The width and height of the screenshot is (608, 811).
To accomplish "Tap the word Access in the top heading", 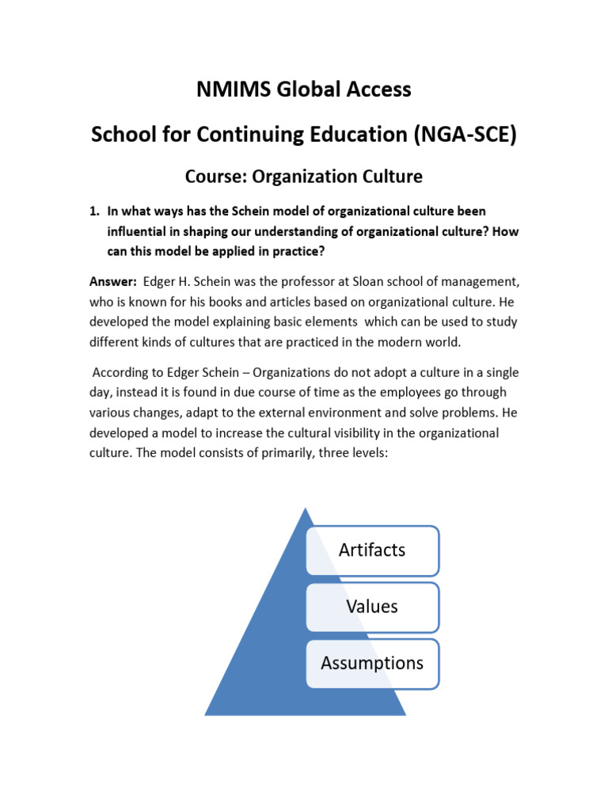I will coord(377,89).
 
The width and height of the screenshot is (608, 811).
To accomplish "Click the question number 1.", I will coord(93,211).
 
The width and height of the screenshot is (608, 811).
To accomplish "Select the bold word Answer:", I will coord(112,283).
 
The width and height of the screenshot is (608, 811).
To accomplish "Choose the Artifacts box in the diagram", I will coord(372,550).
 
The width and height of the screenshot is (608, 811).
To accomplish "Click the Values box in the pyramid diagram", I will coord(372,607).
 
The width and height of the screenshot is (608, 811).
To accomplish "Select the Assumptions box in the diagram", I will coord(372,664).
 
